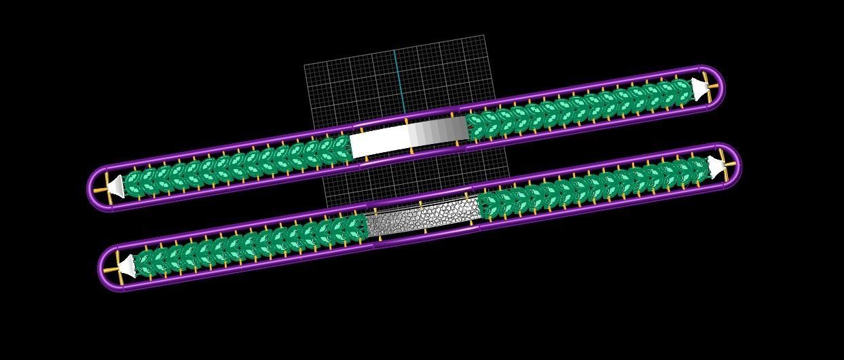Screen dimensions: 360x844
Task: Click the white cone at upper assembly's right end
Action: [699, 89]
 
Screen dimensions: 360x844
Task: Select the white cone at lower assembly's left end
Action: [127, 265]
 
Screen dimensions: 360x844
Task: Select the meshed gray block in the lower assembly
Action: [421, 216]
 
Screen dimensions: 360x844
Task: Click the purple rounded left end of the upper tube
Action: [94, 191]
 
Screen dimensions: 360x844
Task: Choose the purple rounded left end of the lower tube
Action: [105, 270]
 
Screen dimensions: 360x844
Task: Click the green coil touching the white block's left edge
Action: [342, 147]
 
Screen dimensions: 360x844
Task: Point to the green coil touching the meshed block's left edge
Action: [356, 228]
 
